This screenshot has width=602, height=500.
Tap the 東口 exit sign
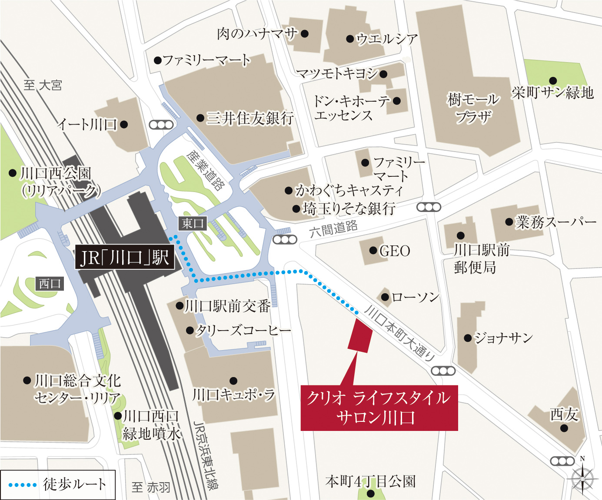[x=193, y=223]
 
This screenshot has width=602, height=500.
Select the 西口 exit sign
[x=50, y=284]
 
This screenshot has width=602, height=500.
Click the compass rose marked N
[x=582, y=478]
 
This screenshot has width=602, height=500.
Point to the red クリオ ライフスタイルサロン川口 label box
[x=379, y=407]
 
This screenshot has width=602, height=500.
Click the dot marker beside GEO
[x=373, y=251]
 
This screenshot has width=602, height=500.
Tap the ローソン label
[x=416, y=298]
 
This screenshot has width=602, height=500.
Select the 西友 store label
[x=564, y=415]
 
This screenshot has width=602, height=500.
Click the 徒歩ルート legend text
[x=74, y=484]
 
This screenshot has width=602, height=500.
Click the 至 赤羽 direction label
[x=151, y=487]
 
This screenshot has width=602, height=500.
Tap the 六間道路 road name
[x=334, y=228]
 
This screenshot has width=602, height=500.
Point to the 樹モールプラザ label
[x=473, y=108]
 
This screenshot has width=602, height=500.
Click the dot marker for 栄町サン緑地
[x=553, y=81]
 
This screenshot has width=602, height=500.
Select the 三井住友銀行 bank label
[x=250, y=118]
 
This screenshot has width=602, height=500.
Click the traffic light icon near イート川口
[x=161, y=125]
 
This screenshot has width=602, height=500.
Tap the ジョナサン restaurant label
[x=503, y=338]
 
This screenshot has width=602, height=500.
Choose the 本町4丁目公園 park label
[x=370, y=481]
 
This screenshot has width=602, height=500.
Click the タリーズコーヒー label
[x=243, y=331]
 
